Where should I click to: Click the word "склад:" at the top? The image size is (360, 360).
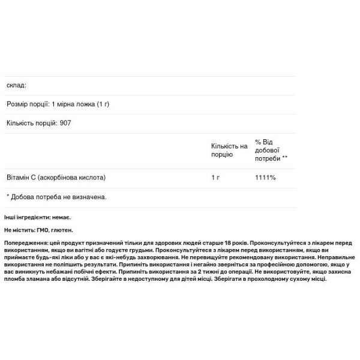point(17,86)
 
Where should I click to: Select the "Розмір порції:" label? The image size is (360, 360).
point(28,104)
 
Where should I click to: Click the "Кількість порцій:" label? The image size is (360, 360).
point(32,123)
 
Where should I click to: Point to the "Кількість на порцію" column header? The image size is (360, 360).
point(229,150)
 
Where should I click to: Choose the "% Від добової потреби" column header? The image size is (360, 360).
point(270,150)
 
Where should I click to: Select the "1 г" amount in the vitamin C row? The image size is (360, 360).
point(215,178)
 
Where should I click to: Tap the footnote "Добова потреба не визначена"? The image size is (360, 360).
point(58,196)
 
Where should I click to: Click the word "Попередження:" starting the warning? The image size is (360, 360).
point(25,242)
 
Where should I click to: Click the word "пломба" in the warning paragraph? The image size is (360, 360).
point(17,280)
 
